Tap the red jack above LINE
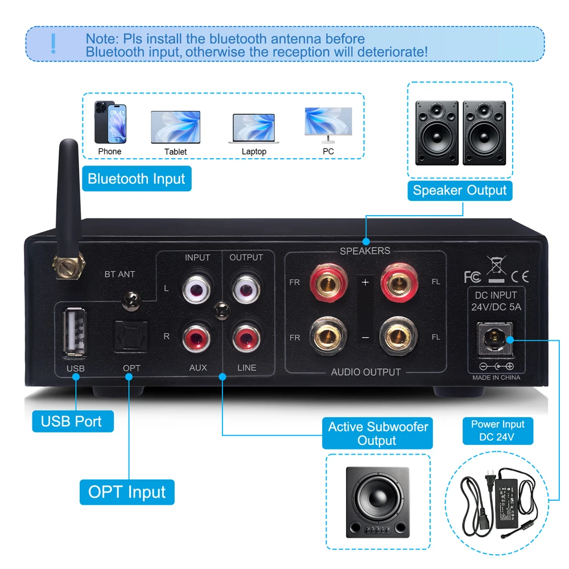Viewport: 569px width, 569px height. [x=246, y=337]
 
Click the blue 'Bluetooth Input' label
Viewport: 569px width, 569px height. [x=136, y=179]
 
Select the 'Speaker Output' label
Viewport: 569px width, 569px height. [x=460, y=190]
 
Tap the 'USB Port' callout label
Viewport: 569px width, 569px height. [x=71, y=422]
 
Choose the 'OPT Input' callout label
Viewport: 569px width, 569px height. [x=127, y=492]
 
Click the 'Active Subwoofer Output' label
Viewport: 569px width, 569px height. [x=378, y=433]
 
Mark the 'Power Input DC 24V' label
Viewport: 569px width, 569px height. [x=498, y=431]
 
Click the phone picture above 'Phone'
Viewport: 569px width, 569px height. [x=110, y=123]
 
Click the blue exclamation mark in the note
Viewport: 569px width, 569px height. [x=53, y=43]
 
